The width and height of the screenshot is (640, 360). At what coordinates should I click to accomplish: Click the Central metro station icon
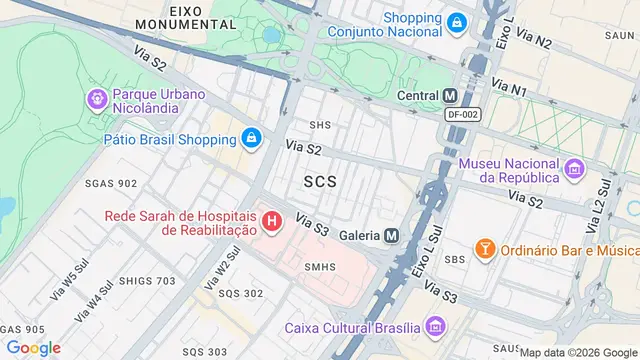point(450,96)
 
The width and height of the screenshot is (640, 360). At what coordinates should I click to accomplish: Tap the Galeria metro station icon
point(392,235)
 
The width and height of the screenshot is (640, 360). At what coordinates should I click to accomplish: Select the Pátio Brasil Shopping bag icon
point(250,137)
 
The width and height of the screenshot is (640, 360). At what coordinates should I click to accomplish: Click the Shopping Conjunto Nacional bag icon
point(456,22)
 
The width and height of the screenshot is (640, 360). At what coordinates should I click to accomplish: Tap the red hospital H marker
point(270,220)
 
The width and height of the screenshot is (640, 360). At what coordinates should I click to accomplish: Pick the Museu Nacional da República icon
point(573,168)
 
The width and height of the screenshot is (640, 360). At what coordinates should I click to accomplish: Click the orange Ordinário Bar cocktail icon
point(484,247)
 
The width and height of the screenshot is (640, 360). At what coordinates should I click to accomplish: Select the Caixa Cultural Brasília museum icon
point(434,326)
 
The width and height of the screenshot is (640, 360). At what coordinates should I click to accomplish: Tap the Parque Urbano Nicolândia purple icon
point(97,99)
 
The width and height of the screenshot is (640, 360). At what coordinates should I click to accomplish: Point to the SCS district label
point(320,182)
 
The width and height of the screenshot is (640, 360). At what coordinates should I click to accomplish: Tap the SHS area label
point(320,125)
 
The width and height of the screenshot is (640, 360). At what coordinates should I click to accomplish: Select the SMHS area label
point(320,266)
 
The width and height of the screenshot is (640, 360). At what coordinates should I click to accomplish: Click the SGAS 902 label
point(112,183)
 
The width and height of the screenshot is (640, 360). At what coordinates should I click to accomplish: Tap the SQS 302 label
point(241,293)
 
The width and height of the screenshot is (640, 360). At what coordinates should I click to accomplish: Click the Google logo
point(34,347)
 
